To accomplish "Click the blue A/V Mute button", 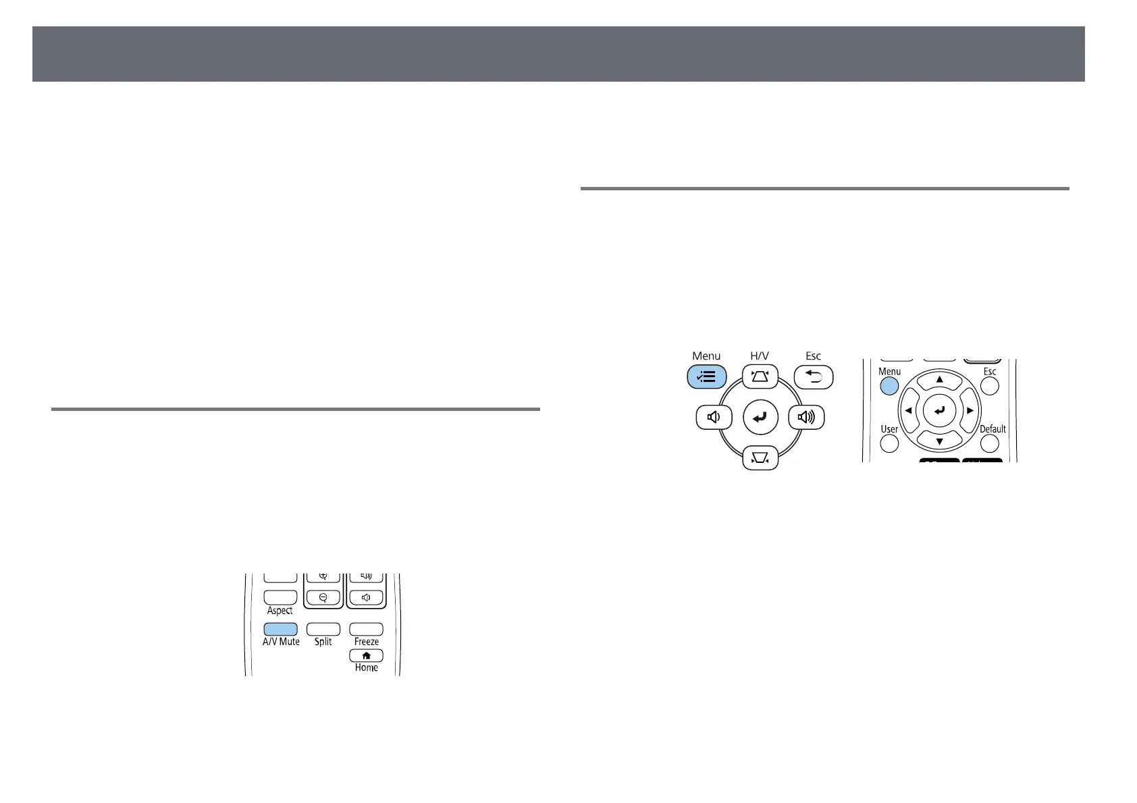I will [280, 628].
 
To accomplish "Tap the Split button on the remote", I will [323, 628].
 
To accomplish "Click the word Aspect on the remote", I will [280, 611].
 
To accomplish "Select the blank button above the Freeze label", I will [366, 628].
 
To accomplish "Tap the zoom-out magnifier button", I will [323, 597].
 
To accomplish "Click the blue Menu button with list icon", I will [706, 377].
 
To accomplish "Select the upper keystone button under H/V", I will [760, 377].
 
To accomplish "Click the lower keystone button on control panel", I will [760, 459].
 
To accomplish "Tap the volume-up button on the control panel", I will [806, 418].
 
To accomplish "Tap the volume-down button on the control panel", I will [714, 418].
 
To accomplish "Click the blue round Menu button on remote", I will [889, 385].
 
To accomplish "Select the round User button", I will [889, 443].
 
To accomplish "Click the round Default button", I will [989, 443].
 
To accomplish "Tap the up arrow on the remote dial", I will [939, 380].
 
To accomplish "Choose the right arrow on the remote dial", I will [970, 410].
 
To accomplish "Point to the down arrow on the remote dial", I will [939, 441].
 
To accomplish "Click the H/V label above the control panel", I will [760, 356].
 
